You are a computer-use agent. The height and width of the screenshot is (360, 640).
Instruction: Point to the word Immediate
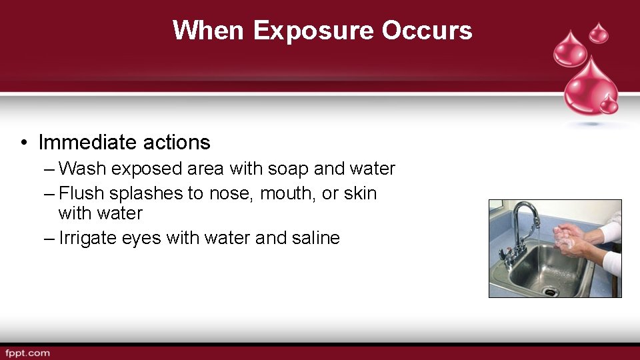tap(85, 142)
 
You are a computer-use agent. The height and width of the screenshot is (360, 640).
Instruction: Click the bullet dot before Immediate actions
tap(23, 143)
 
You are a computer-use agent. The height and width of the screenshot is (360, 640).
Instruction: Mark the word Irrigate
tap(88, 238)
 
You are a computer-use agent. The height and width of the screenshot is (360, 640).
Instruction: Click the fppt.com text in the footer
tap(27, 352)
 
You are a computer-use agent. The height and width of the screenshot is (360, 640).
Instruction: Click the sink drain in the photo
tap(549, 291)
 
